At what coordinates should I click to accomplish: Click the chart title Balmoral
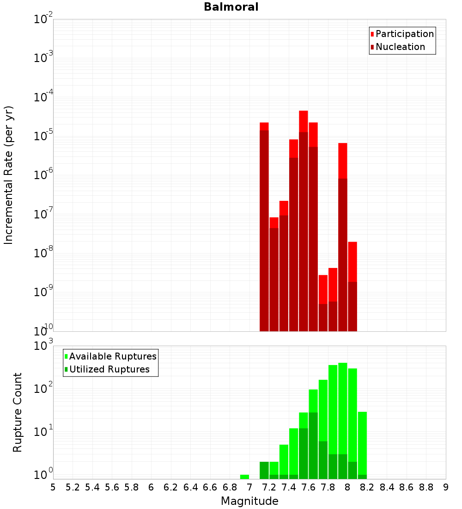point(231,7)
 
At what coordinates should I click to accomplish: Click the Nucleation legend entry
point(400,47)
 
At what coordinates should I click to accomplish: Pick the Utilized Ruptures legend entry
point(109,369)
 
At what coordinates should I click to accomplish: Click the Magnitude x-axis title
point(249,501)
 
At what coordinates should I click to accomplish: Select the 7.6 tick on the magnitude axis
point(308,487)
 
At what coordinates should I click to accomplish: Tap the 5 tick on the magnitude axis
point(53,487)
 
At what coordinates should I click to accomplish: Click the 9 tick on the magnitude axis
point(446,487)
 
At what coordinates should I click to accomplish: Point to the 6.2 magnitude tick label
point(171,487)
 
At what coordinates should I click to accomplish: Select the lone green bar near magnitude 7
point(244,477)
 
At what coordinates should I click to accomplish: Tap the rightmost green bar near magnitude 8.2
point(362,440)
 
